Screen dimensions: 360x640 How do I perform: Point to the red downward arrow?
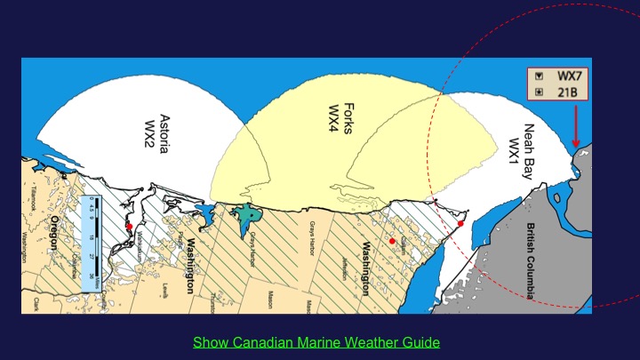(575, 125)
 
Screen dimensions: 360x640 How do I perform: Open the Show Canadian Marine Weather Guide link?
(316, 341)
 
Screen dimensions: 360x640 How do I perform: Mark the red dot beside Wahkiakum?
(129, 227)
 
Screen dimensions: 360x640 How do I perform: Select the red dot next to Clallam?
(392, 241)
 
